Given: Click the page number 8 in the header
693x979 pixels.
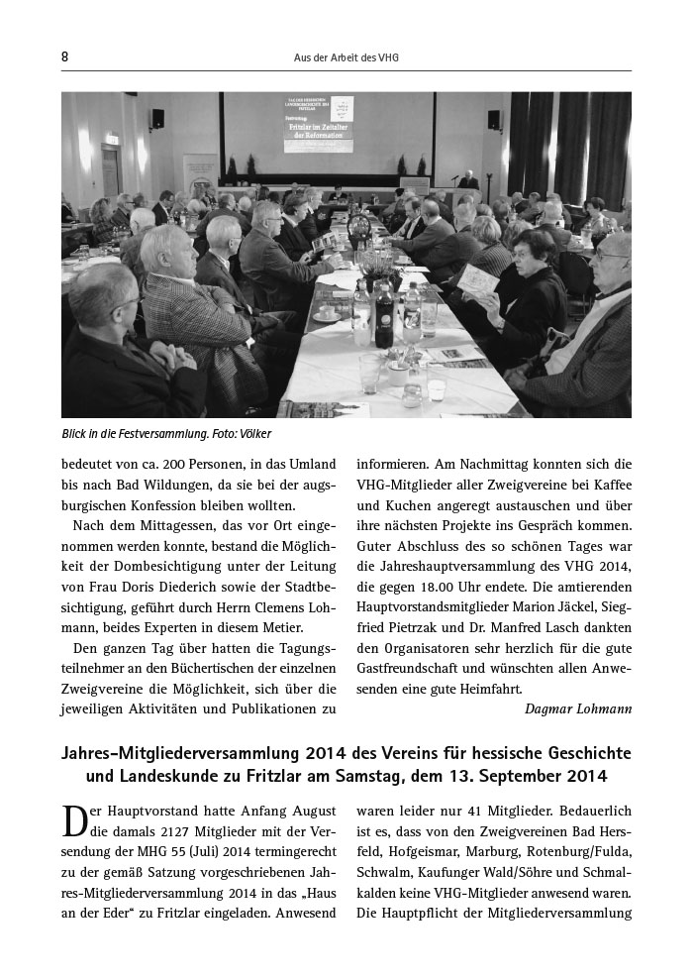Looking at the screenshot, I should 65,57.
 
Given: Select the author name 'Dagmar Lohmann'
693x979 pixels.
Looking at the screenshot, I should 578,707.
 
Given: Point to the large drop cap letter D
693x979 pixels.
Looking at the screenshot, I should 75,823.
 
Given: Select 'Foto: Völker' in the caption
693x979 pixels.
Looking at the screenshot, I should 241,433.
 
